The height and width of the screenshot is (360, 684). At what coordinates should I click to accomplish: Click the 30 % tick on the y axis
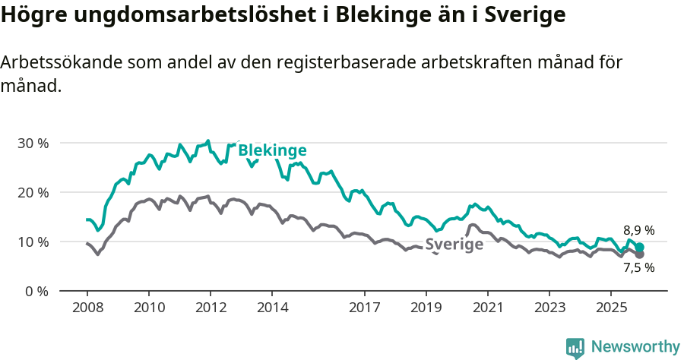pos(33,143)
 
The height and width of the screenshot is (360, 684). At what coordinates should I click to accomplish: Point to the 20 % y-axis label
pos(33,192)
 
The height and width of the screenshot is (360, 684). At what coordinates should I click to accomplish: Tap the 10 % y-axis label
pos(33,242)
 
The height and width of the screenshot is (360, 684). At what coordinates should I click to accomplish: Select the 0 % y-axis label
pos(36,291)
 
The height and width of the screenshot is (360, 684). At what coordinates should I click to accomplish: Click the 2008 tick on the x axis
pos(87,308)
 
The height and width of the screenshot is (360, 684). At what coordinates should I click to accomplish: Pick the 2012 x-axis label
pos(211,308)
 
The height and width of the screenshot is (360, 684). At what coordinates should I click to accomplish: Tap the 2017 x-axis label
pos(364,308)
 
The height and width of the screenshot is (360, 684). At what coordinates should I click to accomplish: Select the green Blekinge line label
pos(272,150)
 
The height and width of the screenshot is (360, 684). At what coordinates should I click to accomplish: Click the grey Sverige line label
pos(454,245)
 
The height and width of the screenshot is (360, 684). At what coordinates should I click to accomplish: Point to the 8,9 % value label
pos(638,230)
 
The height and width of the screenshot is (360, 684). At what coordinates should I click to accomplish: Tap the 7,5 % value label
pos(638,267)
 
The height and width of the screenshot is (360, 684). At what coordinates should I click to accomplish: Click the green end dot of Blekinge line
pos(640,247)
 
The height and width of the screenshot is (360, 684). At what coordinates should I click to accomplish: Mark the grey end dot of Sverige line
pos(639,254)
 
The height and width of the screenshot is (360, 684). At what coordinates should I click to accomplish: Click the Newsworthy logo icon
pos(575,347)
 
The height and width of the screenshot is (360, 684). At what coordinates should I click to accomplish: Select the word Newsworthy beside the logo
pos(635,347)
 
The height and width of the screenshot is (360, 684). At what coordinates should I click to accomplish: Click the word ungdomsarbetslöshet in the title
pos(186,16)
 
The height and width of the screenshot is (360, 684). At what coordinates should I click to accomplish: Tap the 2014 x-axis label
pos(272,308)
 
